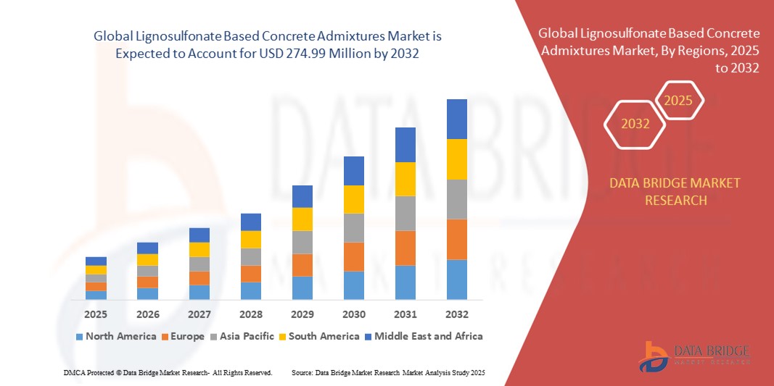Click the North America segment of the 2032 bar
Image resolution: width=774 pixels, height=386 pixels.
coord(456,280)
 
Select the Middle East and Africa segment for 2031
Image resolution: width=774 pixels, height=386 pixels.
coord(405,145)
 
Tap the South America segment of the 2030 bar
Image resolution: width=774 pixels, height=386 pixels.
coord(353,199)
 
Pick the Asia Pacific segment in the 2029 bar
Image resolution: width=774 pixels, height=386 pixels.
coord(302,242)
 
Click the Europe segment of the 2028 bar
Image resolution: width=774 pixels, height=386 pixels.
coord(250,274)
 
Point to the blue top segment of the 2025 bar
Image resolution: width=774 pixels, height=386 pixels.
coord(96,261)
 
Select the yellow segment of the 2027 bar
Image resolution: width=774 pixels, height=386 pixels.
coord(199,249)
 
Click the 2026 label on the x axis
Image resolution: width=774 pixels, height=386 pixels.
coord(147,314)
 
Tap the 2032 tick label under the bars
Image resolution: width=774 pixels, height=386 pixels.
coord(456,314)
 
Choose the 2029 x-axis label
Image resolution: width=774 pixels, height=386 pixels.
coord(302,314)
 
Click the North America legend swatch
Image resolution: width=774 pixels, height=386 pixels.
coord(78,337)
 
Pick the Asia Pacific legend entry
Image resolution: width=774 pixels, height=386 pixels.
coord(243,336)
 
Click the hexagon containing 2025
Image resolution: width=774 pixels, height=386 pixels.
coord(678,101)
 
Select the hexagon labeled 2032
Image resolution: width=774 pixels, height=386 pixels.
coord(635,124)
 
